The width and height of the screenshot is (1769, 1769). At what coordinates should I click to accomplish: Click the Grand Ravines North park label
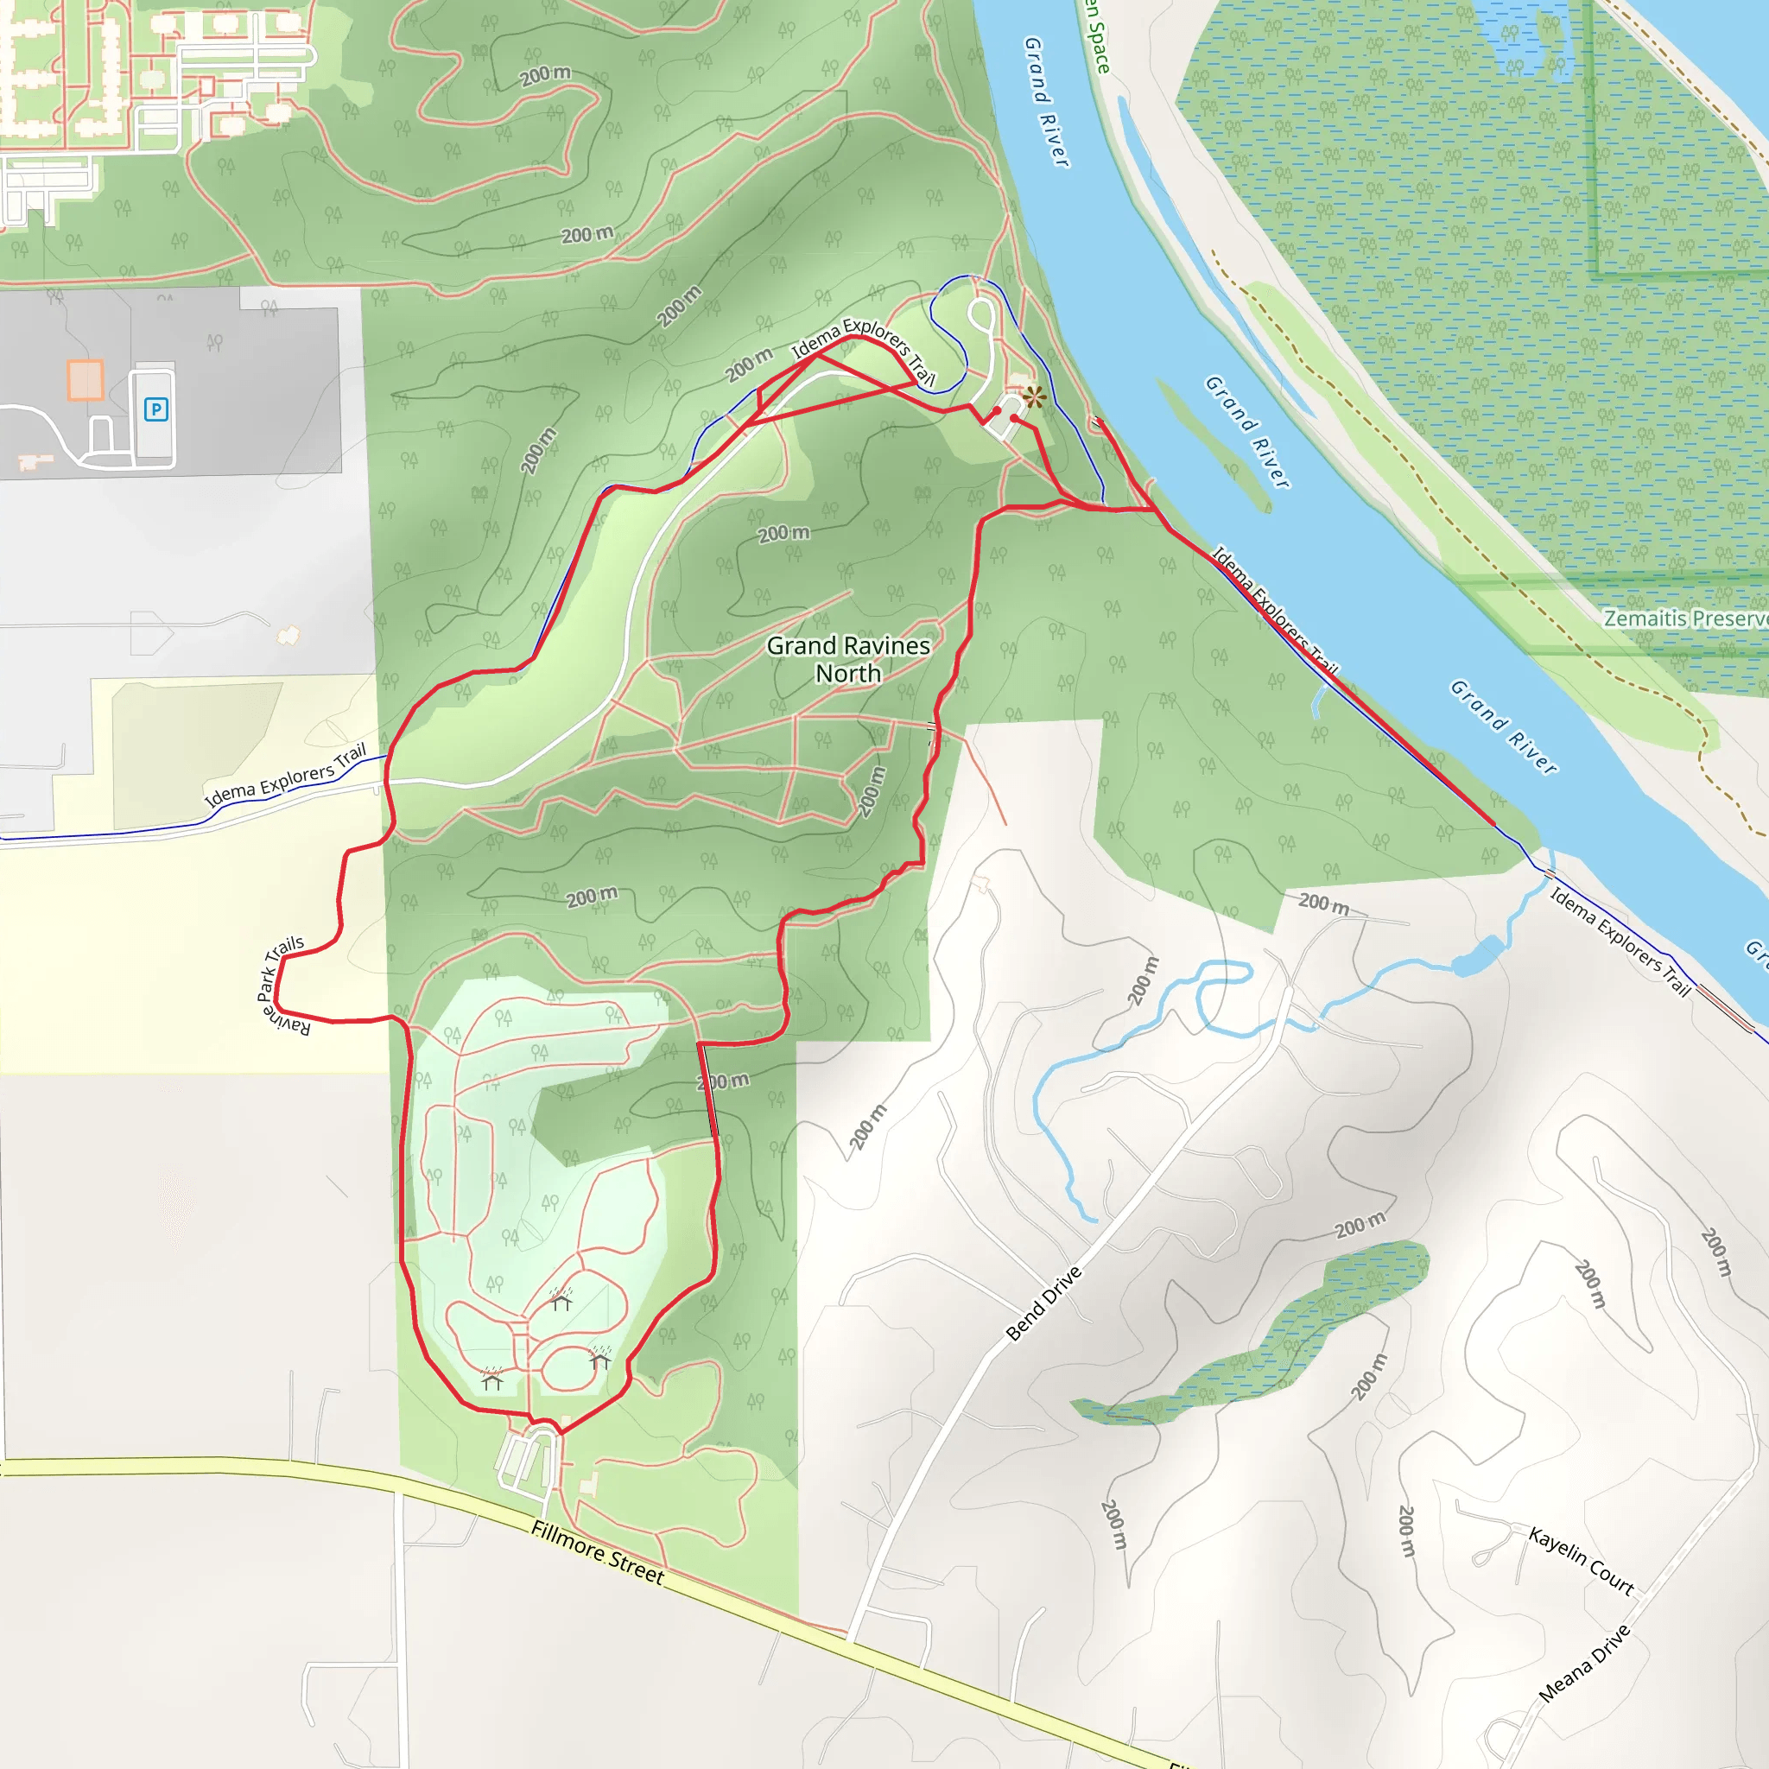(848, 659)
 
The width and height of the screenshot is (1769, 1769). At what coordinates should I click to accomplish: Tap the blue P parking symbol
(155, 409)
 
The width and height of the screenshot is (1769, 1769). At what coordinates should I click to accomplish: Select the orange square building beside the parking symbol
(86, 379)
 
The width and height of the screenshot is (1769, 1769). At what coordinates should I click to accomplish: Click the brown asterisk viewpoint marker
(1035, 396)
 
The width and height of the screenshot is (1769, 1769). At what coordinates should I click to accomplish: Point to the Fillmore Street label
(597, 1552)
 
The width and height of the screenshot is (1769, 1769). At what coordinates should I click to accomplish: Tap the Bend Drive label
(1043, 1303)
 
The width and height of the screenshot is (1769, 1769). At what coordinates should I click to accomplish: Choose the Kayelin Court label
(1582, 1560)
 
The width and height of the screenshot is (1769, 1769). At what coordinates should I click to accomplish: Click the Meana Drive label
(1584, 1664)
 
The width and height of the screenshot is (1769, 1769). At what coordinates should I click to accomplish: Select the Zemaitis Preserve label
(1684, 618)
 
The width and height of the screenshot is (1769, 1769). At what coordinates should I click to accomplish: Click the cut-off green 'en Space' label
(1097, 36)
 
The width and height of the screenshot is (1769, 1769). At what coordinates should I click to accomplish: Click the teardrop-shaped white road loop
(980, 316)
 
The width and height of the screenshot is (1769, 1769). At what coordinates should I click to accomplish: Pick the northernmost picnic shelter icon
(561, 1298)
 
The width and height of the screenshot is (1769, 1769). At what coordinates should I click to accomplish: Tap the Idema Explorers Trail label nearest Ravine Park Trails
(286, 776)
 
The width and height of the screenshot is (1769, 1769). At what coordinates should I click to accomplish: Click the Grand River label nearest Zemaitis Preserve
(1504, 728)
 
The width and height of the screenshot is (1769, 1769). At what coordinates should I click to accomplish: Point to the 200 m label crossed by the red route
(722, 1081)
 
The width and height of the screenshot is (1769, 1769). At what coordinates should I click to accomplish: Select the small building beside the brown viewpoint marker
(1018, 379)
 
